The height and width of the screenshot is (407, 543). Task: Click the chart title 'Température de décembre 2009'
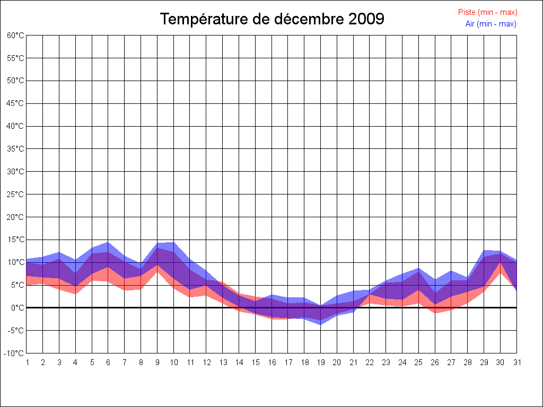pos(272,19)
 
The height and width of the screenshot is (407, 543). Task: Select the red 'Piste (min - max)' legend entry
pos(487,12)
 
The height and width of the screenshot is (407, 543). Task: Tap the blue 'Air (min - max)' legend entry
pos(491,24)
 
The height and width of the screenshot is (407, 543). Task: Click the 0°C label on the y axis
pos(17,307)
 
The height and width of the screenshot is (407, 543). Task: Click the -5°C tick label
pos(16,330)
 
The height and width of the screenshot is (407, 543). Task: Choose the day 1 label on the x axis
pos(27,362)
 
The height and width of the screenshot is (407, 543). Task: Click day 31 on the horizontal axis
pos(516,362)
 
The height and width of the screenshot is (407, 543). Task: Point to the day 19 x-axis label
pos(320,362)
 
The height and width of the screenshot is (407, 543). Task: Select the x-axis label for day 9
pos(157,362)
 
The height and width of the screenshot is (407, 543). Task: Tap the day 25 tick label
pos(418,362)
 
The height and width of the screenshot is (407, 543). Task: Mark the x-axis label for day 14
pos(239,362)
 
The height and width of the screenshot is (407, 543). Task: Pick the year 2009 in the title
pos(366,19)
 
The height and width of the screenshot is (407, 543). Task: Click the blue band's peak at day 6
pos(108,243)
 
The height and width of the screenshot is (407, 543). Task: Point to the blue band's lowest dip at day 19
pos(320,324)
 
